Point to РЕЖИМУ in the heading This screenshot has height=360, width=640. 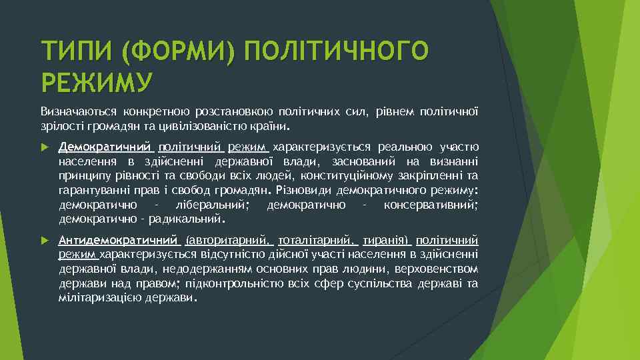click(x=97, y=82)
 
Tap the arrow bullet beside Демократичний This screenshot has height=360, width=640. click(x=44, y=147)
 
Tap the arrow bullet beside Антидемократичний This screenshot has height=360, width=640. click(x=44, y=240)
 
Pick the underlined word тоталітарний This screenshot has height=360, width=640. click(x=318, y=240)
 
